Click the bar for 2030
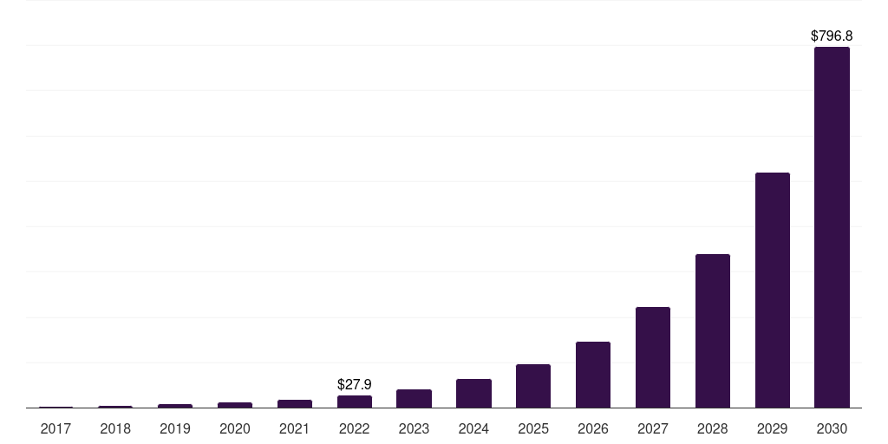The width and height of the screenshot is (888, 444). [x=832, y=227]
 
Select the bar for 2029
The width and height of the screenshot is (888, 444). [x=772, y=290]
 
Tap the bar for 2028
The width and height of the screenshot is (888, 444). [x=712, y=330]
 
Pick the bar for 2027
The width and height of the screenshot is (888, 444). [x=652, y=357]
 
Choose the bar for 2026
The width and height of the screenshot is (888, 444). [x=593, y=375]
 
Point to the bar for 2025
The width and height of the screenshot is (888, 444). [x=533, y=386]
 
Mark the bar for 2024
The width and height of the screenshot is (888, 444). [x=473, y=393]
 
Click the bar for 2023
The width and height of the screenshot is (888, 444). [x=414, y=398]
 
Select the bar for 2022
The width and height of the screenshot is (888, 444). [x=355, y=402]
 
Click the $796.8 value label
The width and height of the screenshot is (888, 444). [x=832, y=36]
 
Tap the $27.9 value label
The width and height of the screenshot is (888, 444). [x=355, y=384]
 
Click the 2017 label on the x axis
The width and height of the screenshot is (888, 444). [x=56, y=428]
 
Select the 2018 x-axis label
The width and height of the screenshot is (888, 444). [x=115, y=428]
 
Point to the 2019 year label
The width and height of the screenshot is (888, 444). [x=175, y=428]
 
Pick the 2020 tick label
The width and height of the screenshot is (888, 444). [x=235, y=428]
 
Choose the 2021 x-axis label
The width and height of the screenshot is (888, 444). [x=295, y=428]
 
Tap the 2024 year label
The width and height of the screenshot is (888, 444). [x=473, y=428]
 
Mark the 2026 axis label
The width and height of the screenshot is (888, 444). [x=593, y=428]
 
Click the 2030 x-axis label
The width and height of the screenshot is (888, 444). [x=832, y=428]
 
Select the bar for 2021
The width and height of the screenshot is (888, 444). [x=295, y=403]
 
